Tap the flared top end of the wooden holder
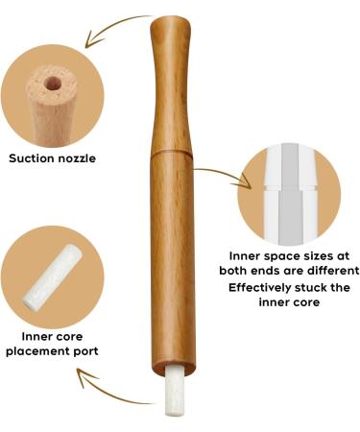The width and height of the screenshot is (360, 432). coord(172,21)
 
